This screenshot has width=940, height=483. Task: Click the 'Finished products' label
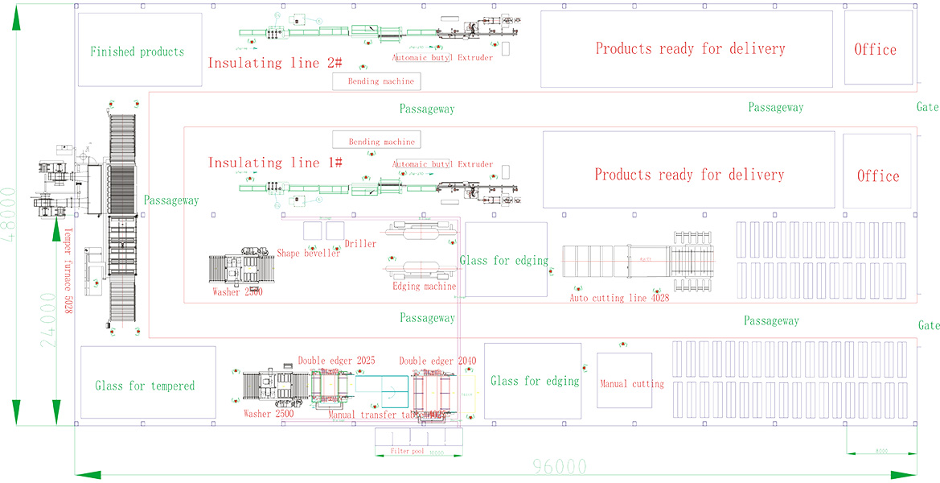pos(137,52)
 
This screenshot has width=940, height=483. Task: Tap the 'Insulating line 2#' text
pos(276,63)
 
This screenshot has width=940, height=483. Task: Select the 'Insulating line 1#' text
pos(276,163)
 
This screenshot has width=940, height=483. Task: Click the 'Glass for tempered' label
pos(145,386)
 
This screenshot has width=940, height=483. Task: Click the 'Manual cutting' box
pos(632,384)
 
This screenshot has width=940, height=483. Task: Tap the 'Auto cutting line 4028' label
pos(619,298)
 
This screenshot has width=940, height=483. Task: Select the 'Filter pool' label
pos(408,452)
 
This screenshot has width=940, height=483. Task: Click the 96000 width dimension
pos(560,466)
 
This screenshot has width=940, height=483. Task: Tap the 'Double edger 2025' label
pos(336,361)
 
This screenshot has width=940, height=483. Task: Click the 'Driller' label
pos(360,244)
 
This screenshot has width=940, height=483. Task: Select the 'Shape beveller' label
pos(309,254)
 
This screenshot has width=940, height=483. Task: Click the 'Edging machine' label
pos(424,287)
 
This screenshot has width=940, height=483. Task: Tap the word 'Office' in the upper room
pos(875,50)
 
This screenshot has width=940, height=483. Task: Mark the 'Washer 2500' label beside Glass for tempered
pos(267,415)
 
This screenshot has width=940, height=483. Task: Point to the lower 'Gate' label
pos(928,326)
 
